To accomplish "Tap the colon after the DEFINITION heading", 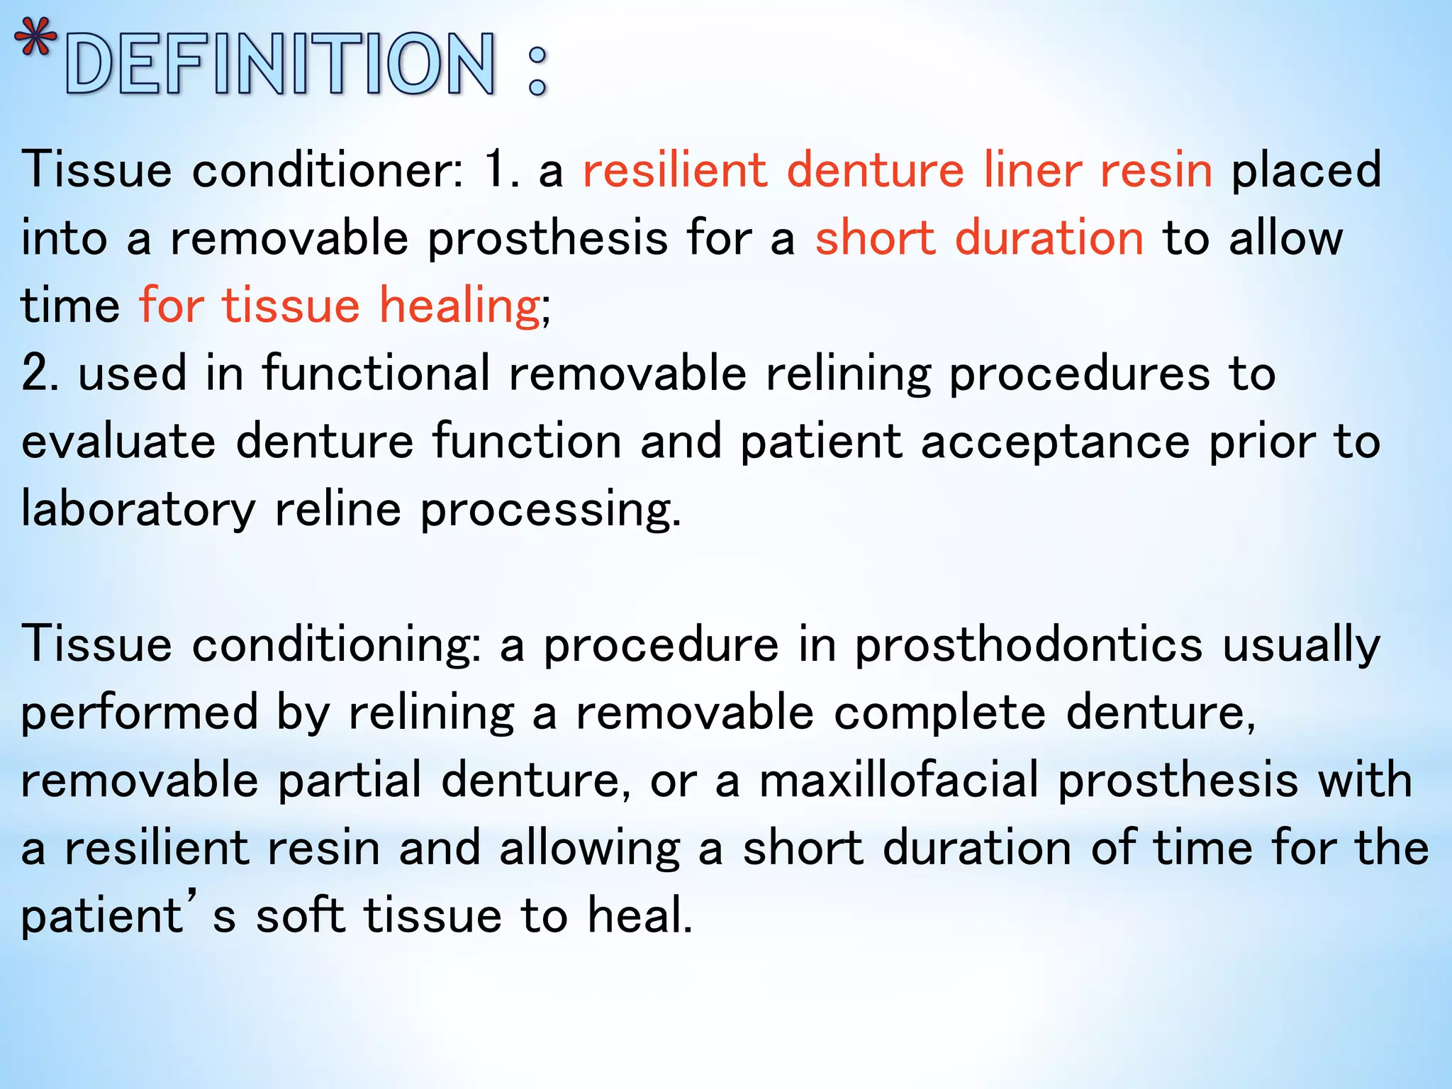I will [x=537, y=71].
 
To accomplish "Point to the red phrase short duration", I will [x=979, y=238].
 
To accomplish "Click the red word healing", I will [x=459, y=306].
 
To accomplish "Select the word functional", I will [x=376, y=374].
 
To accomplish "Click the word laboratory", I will [x=138, y=509].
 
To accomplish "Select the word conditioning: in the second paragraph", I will [x=337, y=645].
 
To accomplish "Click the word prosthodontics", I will [x=1028, y=645].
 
